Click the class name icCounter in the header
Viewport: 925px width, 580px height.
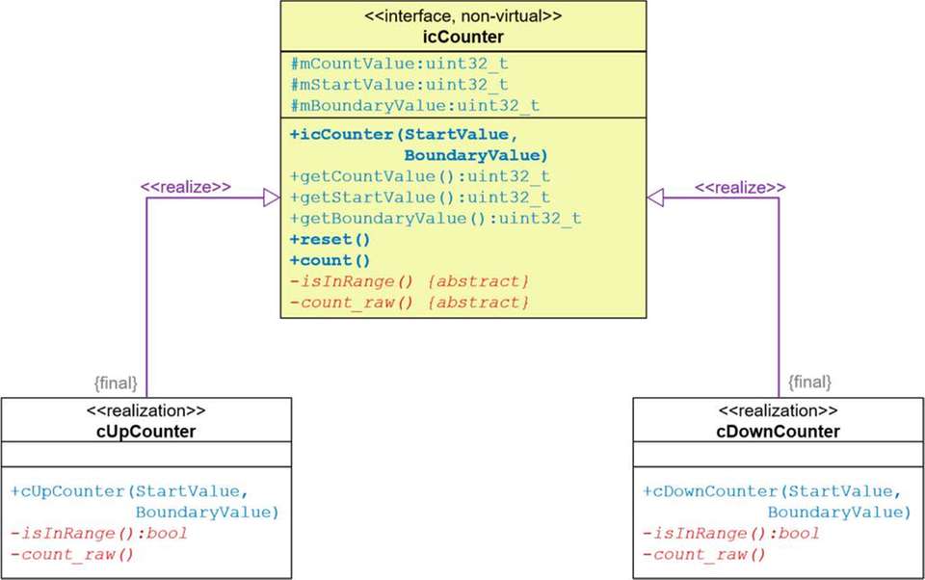coord(463,37)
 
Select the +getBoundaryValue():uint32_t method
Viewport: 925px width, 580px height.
coord(435,219)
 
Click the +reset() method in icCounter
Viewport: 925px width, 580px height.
coord(330,239)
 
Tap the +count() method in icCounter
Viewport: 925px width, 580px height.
coord(330,260)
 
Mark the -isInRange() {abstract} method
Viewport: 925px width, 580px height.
coord(410,281)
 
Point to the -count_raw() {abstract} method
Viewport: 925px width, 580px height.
coord(410,303)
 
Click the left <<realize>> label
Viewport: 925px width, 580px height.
coord(186,186)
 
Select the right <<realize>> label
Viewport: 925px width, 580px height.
coord(740,186)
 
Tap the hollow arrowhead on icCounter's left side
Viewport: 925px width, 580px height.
coord(271,198)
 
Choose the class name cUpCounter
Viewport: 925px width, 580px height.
coord(146,432)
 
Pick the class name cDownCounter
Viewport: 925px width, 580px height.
coord(778,432)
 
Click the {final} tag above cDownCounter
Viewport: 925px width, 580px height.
coord(809,382)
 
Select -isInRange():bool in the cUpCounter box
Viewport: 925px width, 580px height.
coord(99,533)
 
